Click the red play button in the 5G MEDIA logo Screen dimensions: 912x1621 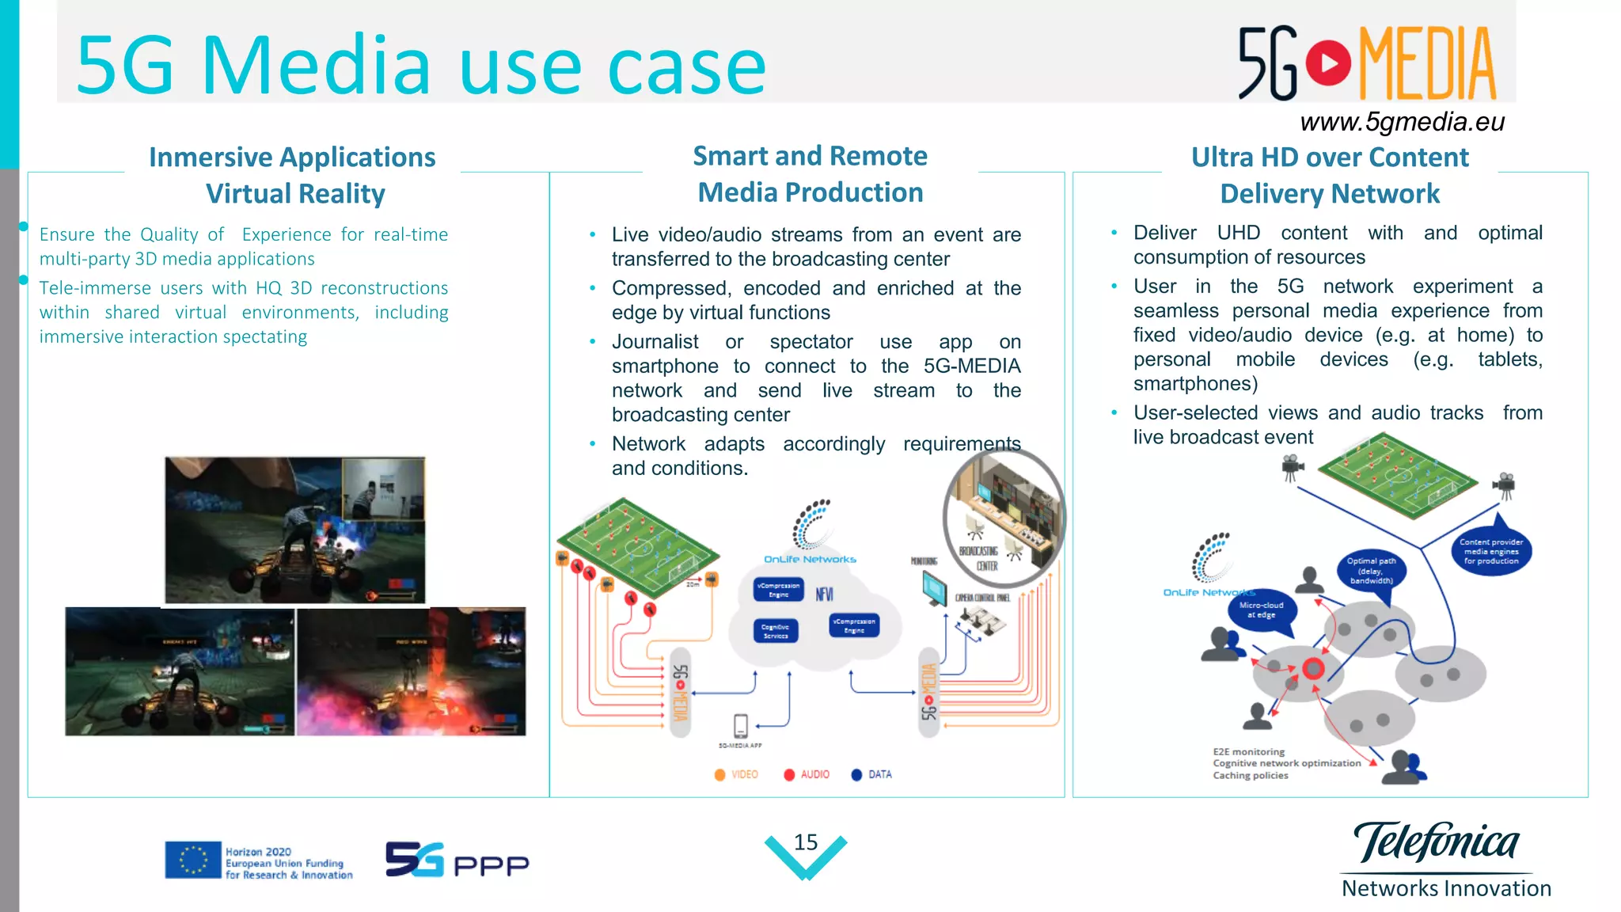tap(1329, 63)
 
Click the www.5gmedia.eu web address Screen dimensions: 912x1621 tap(1402, 122)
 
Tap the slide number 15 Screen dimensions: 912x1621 tap(806, 842)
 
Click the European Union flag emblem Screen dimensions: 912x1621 tap(192, 860)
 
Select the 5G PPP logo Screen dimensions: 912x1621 tap(457, 861)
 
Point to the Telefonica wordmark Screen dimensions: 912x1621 tap(1436, 842)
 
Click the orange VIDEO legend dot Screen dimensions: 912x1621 tap(719, 775)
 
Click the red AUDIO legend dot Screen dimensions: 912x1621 tap(789, 775)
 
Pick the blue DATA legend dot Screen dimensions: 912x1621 tap(856, 775)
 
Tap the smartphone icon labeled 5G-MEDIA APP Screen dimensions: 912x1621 tap(741, 725)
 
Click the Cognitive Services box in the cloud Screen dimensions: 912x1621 tap(775, 631)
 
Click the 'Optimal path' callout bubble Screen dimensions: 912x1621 tap(1371, 571)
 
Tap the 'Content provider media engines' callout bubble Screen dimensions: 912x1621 tap(1491, 552)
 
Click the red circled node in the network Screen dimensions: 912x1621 tap(1314, 669)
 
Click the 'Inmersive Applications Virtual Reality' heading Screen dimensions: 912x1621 tap(293, 175)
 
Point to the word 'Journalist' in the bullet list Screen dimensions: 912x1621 tap(655, 342)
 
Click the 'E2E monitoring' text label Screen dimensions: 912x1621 tap(1248, 752)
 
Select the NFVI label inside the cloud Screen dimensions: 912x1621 tap(824, 595)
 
